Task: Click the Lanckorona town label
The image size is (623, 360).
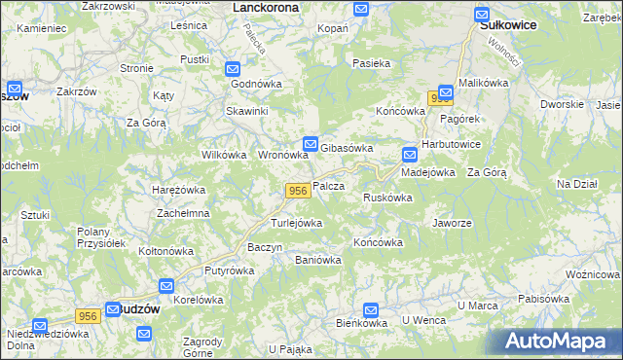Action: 266,7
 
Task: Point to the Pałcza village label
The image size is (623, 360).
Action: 329,186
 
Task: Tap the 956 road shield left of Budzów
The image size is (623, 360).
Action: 88,316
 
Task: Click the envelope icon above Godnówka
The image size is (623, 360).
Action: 233,69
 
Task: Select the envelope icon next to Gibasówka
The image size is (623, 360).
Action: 311,142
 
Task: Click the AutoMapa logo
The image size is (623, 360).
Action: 561,341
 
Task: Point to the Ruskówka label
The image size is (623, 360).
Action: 386,198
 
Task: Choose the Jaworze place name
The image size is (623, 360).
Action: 452,222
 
